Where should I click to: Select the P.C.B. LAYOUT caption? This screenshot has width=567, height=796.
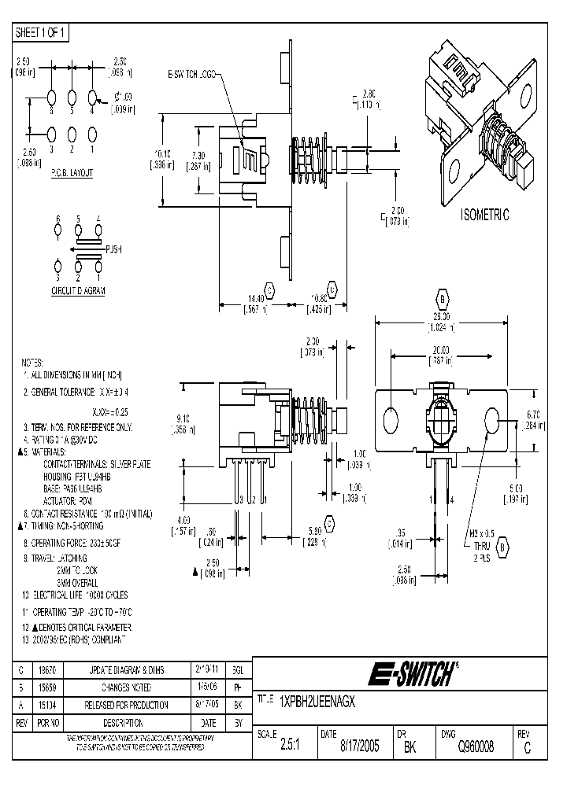tap(72, 171)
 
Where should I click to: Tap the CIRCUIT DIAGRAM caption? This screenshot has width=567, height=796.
tap(78, 290)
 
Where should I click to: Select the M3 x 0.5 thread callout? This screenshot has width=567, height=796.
tap(483, 533)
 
